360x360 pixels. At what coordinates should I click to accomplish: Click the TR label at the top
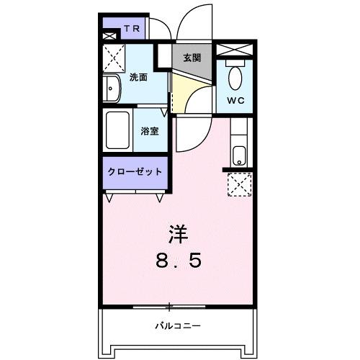pos(130,30)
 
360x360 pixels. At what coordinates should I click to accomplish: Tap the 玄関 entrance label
pos(191,58)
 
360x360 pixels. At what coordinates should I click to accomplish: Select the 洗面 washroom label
pos(138,77)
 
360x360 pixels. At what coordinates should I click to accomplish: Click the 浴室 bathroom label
pos(150,132)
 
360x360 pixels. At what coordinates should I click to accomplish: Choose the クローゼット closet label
pos(134,172)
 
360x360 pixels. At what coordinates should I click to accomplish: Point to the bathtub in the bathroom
pos(117,130)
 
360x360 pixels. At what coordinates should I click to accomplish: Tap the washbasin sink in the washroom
pos(113,89)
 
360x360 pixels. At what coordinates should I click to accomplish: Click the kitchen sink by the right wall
pos(239,154)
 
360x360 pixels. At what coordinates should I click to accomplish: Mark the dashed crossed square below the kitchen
pos(238,185)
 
